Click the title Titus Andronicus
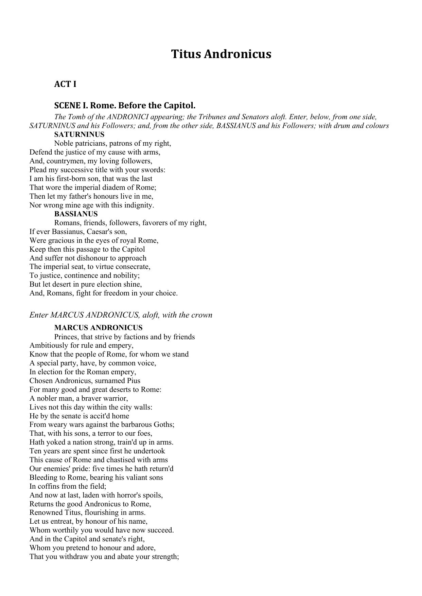pyautogui.click(x=221, y=54)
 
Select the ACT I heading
pyautogui.click(x=65, y=84)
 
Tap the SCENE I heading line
pyautogui.click(x=125, y=105)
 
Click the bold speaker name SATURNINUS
pyautogui.click(x=79, y=134)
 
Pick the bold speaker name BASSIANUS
pyautogui.click(x=76, y=214)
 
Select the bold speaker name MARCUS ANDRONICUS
pyautogui.click(x=98, y=328)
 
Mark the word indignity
pyautogui.click(x=138, y=205)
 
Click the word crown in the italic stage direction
pyautogui.click(x=202, y=315)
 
